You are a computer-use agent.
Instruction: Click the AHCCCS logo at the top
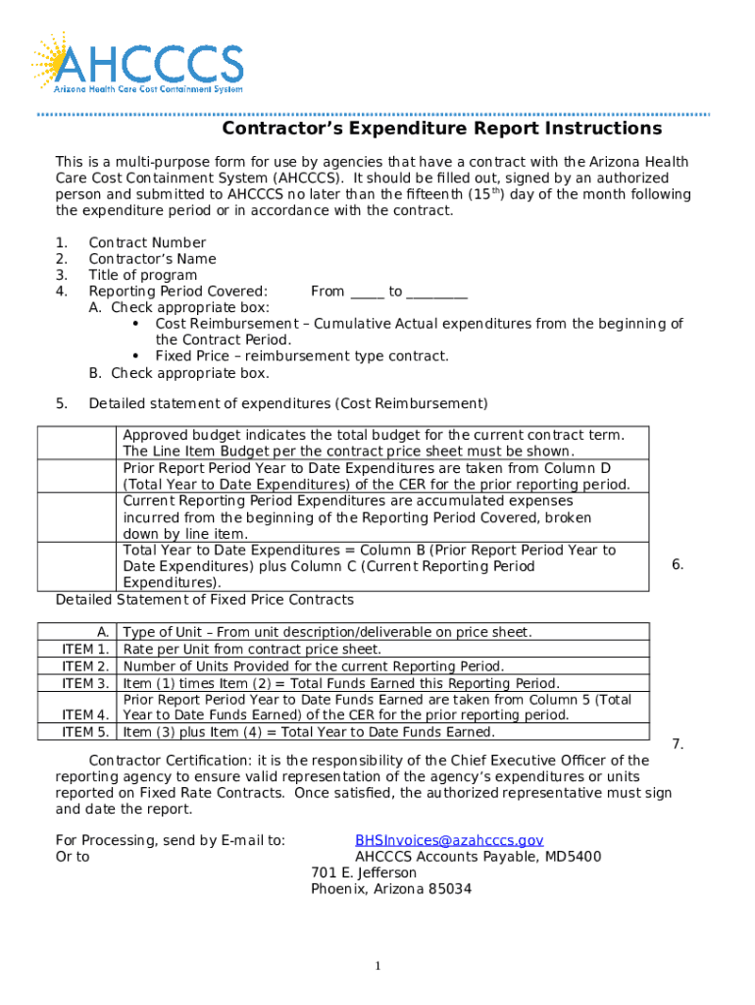137,64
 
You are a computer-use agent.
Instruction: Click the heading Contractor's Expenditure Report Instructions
441,130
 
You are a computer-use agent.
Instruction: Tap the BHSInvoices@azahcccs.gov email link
448,840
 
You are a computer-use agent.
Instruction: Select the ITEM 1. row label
85,649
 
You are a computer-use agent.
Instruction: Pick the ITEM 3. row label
85,683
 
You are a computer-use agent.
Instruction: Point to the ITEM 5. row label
85,731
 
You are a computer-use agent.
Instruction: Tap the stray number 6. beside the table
678,564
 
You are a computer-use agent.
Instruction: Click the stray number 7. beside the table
678,745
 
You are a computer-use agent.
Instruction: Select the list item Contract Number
147,242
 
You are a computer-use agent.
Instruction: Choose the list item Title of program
142,275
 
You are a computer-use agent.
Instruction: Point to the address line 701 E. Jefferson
364,873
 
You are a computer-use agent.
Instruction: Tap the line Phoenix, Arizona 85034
391,889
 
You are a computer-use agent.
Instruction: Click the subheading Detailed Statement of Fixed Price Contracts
205,600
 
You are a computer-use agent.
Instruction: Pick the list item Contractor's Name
152,259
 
